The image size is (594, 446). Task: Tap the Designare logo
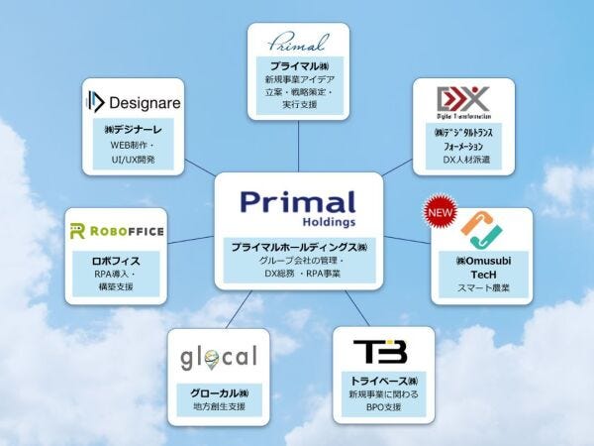click(x=133, y=101)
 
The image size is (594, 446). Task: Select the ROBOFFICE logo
click(x=116, y=233)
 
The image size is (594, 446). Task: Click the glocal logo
click(x=218, y=357)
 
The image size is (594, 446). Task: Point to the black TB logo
click(x=382, y=353)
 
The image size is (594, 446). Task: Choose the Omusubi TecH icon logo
click(x=481, y=230)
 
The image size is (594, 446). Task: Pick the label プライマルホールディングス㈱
click(x=298, y=246)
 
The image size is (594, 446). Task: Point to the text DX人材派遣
click(x=463, y=160)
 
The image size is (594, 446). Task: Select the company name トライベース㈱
click(x=383, y=381)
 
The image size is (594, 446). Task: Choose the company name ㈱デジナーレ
click(x=132, y=130)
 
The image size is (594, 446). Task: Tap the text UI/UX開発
click(x=132, y=160)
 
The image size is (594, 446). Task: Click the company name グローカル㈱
click(x=218, y=392)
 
